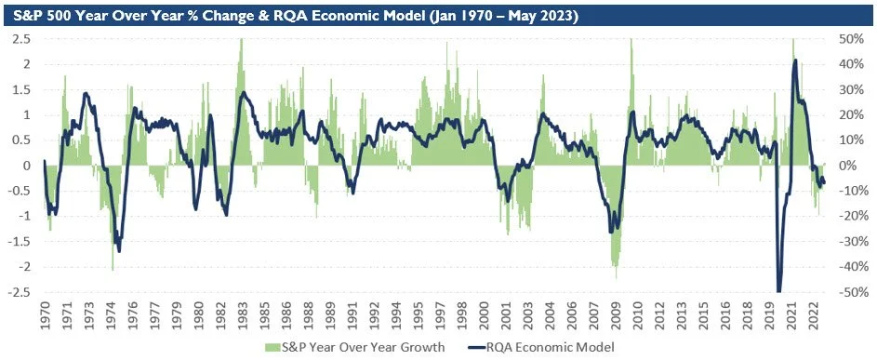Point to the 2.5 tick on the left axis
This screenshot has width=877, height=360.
click(20, 39)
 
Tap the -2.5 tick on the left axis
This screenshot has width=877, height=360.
click(18, 292)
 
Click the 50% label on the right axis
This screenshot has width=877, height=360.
click(853, 39)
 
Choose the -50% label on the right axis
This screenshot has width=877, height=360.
click(852, 292)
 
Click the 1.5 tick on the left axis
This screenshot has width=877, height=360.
click(20, 89)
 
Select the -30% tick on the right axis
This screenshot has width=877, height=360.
click(852, 242)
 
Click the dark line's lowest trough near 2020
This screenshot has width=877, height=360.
click(778, 291)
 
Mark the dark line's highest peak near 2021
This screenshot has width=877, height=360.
click(795, 61)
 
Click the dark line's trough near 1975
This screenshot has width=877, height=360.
click(118, 249)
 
